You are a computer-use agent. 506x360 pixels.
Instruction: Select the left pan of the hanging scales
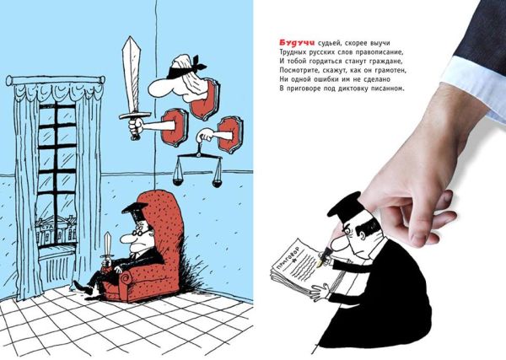pos(180,180)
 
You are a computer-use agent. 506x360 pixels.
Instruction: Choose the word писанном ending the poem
pos(385,89)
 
